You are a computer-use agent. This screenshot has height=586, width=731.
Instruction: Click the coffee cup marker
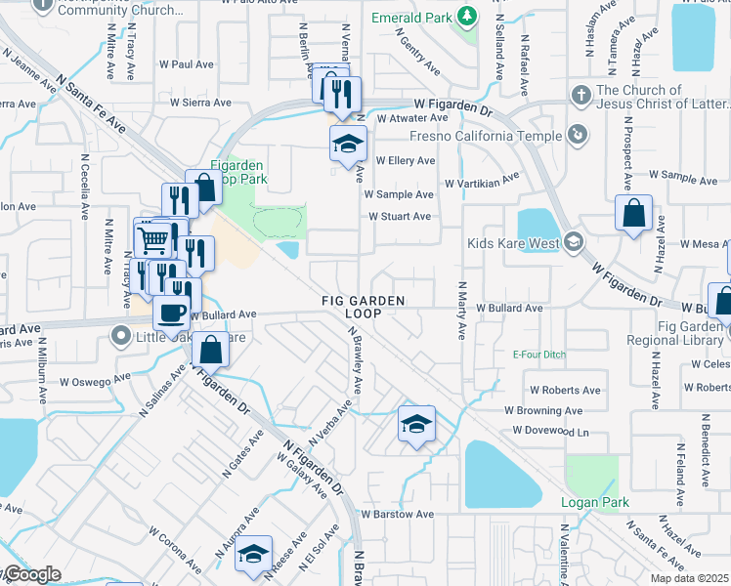(x=172, y=314)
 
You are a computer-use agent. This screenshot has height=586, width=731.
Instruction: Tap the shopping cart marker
(x=151, y=237)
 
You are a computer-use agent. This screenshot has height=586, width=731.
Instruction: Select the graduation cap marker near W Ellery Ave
(x=348, y=144)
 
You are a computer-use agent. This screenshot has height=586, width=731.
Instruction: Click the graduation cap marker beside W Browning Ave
(x=416, y=425)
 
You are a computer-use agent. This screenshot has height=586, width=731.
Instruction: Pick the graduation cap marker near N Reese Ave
(x=254, y=554)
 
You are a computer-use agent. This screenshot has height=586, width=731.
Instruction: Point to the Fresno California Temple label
(x=486, y=136)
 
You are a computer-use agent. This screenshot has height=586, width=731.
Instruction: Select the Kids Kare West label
(x=513, y=242)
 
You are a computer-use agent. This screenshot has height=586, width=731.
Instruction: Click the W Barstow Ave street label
(x=397, y=514)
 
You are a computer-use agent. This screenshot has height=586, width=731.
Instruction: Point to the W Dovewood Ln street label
(x=550, y=431)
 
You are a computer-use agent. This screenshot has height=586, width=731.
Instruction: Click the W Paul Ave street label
(x=186, y=64)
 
